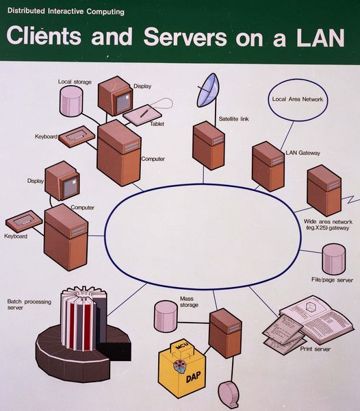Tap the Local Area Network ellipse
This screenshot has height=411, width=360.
[298, 99]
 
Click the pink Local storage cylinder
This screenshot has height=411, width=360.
[71, 101]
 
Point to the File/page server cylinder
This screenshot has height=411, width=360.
[334, 259]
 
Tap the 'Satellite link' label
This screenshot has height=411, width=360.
[233, 118]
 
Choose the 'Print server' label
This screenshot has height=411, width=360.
[316, 349]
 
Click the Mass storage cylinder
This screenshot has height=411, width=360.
[165, 315]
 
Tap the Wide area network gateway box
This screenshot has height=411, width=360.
[323, 190]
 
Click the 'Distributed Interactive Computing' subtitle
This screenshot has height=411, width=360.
[66, 12]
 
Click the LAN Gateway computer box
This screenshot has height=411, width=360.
[268, 166]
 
